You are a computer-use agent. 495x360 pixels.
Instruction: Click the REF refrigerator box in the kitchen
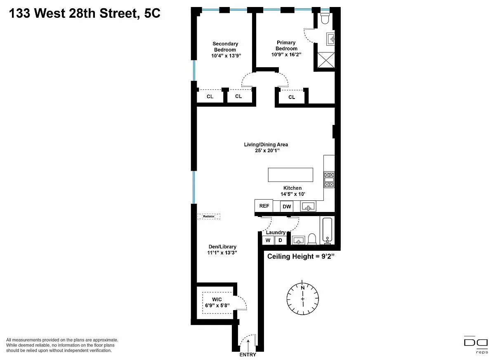pyautogui.click(x=264, y=206)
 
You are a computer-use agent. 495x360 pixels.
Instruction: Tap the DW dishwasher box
pyautogui.click(x=287, y=207)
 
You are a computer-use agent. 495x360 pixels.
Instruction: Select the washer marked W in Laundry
pyautogui.click(x=268, y=240)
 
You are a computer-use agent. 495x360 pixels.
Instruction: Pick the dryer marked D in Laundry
pyautogui.click(x=280, y=240)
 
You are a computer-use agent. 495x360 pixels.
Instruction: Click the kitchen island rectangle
pyautogui.click(x=290, y=175)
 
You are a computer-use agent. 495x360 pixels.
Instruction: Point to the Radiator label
pyautogui.click(x=209, y=216)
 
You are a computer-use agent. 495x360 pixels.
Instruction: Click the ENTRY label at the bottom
pyautogui.click(x=248, y=355)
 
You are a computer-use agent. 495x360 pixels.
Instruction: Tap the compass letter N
pyautogui.click(x=303, y=288)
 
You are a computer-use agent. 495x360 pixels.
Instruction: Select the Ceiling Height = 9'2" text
pyautogui.click(x=301, y=256)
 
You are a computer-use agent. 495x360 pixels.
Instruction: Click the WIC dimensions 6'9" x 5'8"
pyautogui.click(x=217, y=306)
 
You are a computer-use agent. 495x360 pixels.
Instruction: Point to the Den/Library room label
pyautogui.click(x=222, y=247)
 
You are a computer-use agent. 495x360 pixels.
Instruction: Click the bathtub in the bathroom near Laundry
pyautogui.click(x=327, y=231)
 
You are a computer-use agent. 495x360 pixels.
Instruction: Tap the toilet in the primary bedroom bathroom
pyautogui.click(x=325, y=18)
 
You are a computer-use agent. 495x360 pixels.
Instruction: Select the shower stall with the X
pyautogui.click(x=326, y=60)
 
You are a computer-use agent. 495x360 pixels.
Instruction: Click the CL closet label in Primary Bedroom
pyautogui.click(x=292, y=97)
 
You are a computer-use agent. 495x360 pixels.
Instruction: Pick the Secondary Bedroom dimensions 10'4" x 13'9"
pyautogui.click(x=226, y=56)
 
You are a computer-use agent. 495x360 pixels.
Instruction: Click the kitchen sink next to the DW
pyautogui.click(x=308, y=206)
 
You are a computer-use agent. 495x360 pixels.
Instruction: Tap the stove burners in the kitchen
pyautogui.click(x=329, y=179)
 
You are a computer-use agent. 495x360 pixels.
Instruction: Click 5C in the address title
pyautogui.click(x=152, y=13)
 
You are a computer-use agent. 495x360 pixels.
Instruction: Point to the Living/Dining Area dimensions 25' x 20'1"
pyautogui.click(x=267, y=151)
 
